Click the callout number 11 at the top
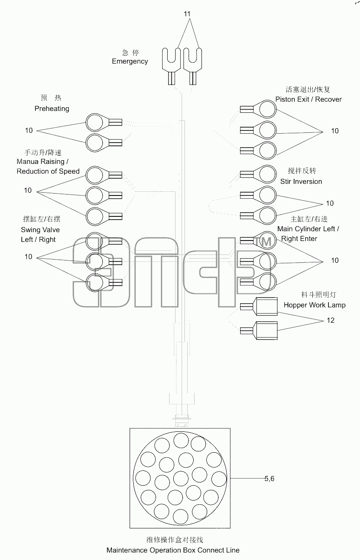187,14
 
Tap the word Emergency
130,61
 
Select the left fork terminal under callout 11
171,66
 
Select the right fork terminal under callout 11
193,66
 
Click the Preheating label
52,109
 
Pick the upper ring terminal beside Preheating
104,123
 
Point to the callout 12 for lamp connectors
330,320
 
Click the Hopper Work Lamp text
314,305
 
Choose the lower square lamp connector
259,331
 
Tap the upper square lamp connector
259,306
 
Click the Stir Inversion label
301,182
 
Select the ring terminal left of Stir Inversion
258,174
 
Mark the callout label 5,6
269,478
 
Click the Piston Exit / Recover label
308,99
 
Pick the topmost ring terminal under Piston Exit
258,109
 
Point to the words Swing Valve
40,230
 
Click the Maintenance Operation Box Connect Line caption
173,550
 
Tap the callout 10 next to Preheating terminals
29,130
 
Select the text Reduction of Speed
48,171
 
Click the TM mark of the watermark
263,242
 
